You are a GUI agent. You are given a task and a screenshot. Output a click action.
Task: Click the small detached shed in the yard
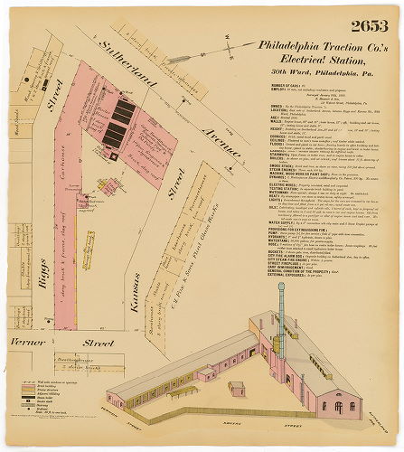[236, 388]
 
